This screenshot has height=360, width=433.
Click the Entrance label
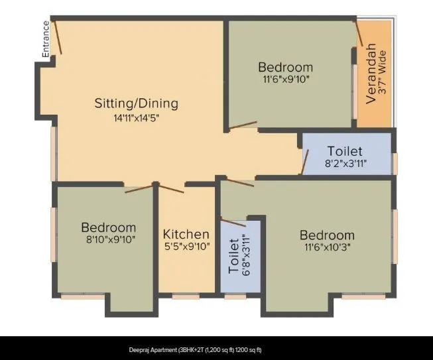click(46, 39)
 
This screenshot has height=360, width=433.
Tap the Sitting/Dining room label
click(137, 103)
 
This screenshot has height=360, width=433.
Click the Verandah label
click(371, 72)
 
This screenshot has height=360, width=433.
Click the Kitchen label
click(186, 234)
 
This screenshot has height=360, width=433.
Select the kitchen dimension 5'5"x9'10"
click(186, 247)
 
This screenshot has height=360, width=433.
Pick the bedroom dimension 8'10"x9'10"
click(109, 240)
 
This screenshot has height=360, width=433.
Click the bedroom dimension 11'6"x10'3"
click(327, 247)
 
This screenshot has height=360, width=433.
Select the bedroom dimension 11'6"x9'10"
click(285, 79)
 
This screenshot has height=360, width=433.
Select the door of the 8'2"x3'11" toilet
click(305, 162)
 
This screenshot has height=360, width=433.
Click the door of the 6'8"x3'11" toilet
click(233, 222)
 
